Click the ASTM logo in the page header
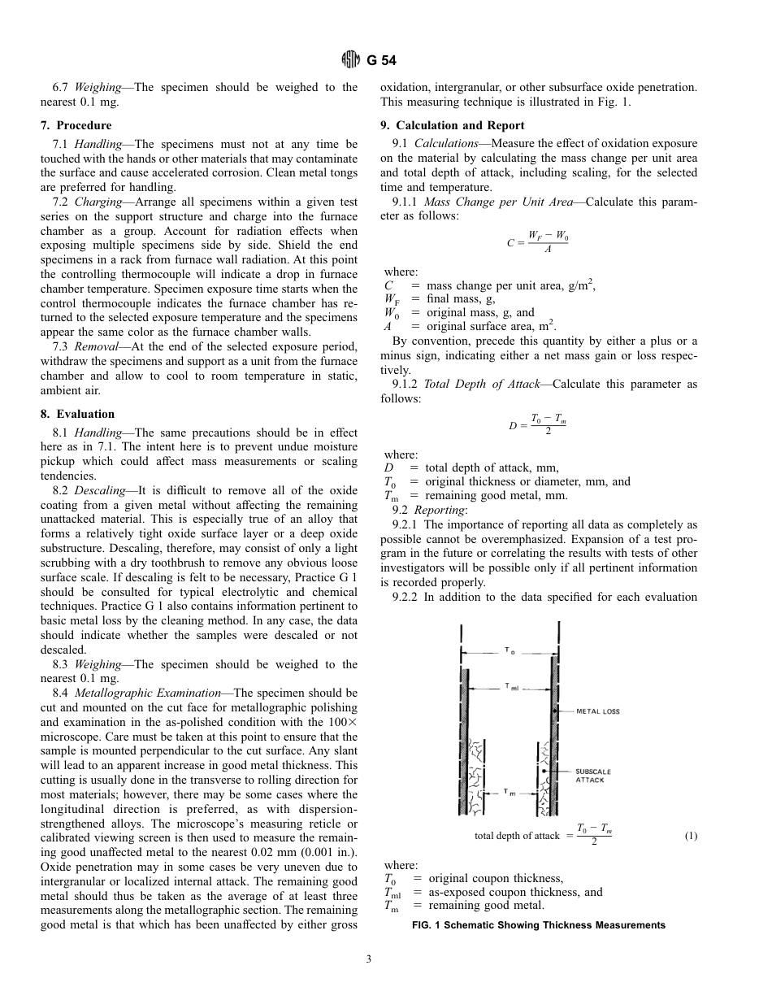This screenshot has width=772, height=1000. tap(350, 59)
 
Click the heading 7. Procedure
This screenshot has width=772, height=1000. tap(76, 125)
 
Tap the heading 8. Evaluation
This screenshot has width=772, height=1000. tap(78, 414)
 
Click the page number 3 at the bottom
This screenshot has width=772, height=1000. tap(369, 959)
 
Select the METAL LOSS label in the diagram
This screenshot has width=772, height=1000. tap(598, 711)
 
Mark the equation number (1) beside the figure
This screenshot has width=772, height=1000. tap(691, 836)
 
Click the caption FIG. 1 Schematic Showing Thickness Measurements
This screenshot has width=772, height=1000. tap(539, 925)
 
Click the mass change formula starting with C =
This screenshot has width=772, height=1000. tap(539, 242)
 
